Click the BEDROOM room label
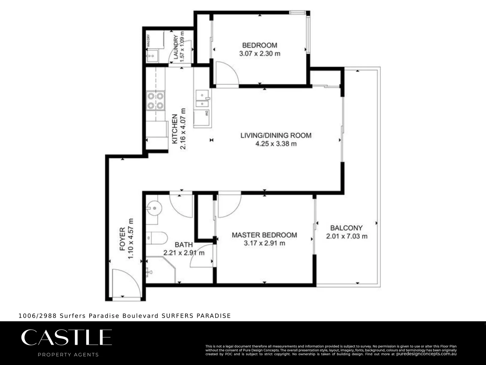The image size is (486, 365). [x=260, y=45]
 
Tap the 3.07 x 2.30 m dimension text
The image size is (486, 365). [x=260, y=53]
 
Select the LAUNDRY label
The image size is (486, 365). [x=176, y=47]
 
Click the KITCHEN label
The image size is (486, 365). [x=175, y=129]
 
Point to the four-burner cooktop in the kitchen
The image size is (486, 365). [x=155, y=101]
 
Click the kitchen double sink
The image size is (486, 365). [x=202, y=98]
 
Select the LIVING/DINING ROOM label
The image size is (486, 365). [x=276, y=136]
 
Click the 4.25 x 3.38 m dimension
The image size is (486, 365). [x=276, y=144]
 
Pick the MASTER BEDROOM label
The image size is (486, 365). [x=264, y=235]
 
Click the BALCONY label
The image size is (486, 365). [x=346, y=228]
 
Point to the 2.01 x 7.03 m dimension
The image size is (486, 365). [x=347, y=236]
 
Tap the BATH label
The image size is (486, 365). [x=184, y=245]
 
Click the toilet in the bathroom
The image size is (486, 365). [x=157, y=238]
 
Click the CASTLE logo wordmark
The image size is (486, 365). [x=66, y=337]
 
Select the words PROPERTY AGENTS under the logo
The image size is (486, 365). [x=68, y=355]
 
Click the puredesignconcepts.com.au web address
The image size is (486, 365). [x=426, y=354]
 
